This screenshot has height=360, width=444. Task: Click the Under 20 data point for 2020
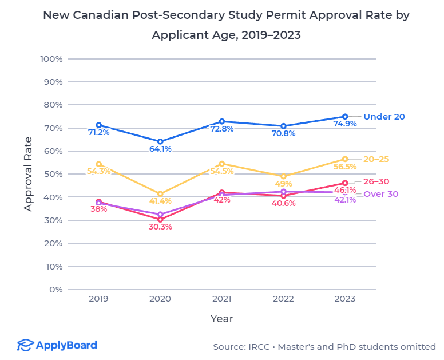160,141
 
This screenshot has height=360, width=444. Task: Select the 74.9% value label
345,124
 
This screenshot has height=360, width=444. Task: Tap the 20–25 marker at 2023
345,159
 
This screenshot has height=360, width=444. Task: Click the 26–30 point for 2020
160,219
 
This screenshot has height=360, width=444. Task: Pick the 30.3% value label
160,227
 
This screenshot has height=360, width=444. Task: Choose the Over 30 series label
380,194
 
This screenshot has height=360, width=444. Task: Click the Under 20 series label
384,117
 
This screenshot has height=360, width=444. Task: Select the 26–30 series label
380,181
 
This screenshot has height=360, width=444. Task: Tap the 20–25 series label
380,159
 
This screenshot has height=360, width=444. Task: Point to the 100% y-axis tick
51,59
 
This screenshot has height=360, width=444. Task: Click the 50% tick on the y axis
53,174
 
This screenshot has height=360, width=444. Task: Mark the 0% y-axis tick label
55,289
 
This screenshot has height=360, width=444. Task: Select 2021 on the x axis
222,299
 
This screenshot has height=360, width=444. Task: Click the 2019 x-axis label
98,299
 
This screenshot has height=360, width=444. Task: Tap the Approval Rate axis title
28,174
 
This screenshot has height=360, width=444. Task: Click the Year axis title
221,318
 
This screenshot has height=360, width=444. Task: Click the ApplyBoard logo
57,345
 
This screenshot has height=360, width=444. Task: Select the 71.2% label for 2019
99,132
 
